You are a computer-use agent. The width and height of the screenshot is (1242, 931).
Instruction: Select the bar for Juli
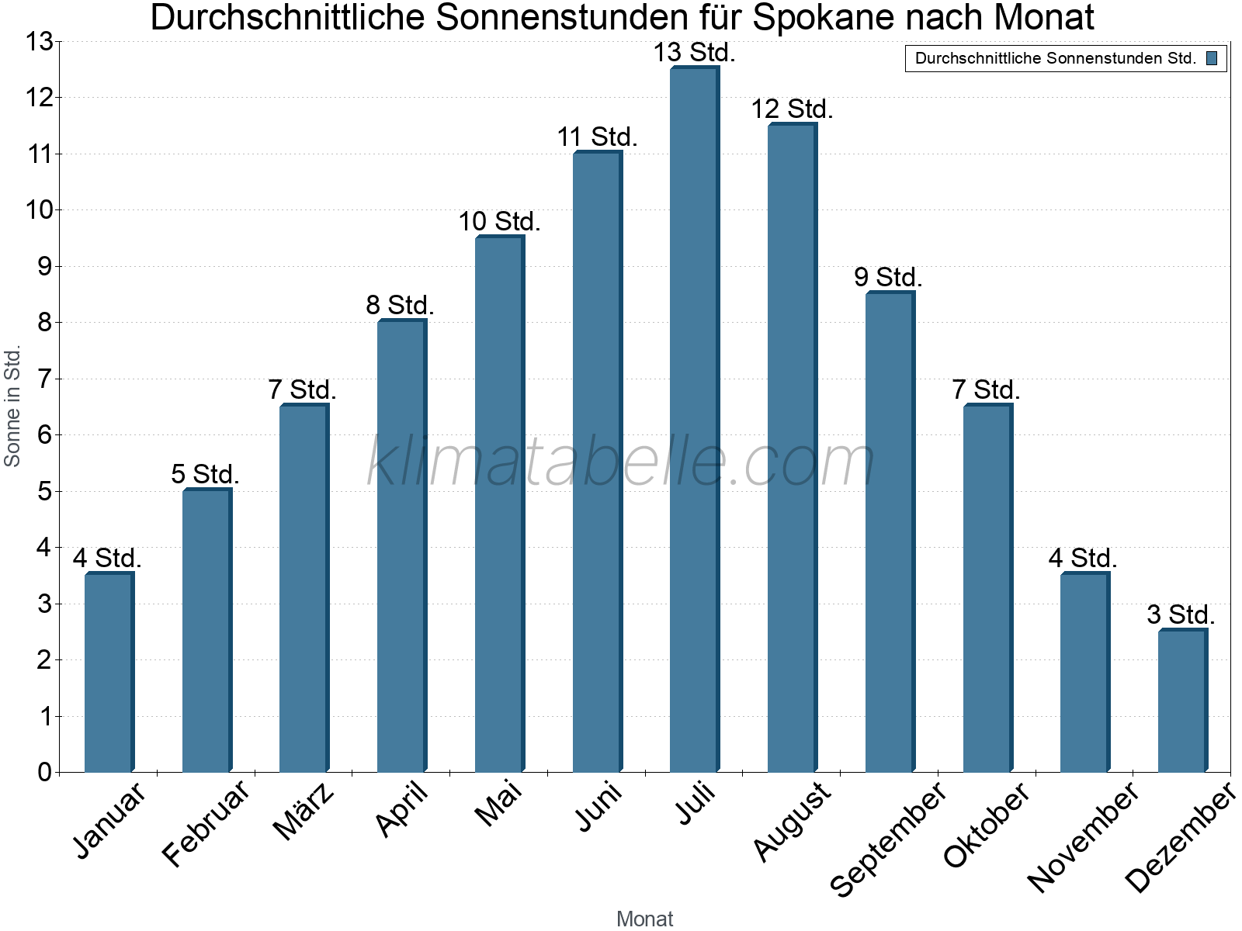pyautogui.click(x=694, y=419)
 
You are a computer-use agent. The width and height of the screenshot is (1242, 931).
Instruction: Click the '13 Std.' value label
pyautogui.click(x=694, y=53)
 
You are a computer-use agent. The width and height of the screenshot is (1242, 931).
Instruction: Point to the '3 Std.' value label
pyautogui.click(x=1181, y=614)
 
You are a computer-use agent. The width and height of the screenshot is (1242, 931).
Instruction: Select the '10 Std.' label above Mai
pyautogui.click(x=499, y=222)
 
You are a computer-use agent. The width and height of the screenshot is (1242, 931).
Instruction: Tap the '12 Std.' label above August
pyautogui.click(x=792, y=109)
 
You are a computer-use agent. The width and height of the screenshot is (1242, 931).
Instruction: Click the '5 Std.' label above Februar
pyautogui.click(x=206, y=474)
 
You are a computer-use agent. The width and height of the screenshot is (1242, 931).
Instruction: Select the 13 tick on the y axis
pyautogui.click(x=39, y=42)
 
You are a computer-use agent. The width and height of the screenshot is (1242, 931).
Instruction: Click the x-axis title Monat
pyautogui.click(x=644, y=919)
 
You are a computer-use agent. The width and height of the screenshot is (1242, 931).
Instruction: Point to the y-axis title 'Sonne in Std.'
pyautogui.click(x=12, y=407)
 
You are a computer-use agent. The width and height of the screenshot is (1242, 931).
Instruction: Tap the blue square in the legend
pyautogui.click(x=1212, y=58)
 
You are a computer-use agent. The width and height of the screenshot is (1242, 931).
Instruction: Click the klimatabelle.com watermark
pyautogui.click(x=621, y=462)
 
